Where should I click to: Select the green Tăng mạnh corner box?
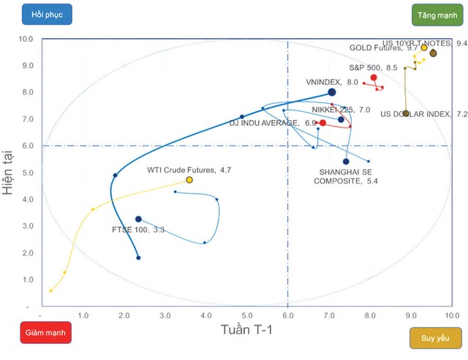[x=436, y=14]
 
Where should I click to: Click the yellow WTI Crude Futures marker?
[x=189, y=180]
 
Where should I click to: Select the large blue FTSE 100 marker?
[x=138, y=219]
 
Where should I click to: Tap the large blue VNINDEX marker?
[x=331, y=92]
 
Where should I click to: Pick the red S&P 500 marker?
[x=374, y=78]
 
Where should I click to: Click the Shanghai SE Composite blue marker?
[x=346, y=162]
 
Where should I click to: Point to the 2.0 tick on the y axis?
[x=27, y=253]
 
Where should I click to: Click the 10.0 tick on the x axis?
[x=451, y=315]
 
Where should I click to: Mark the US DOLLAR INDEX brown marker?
[x=406, y=113]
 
